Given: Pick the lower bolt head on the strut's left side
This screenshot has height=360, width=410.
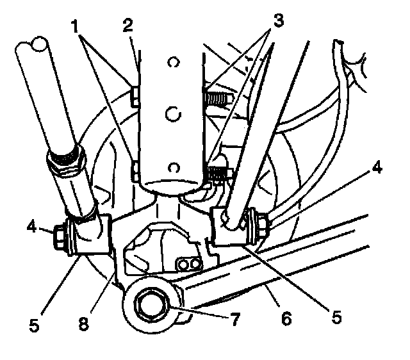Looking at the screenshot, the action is (x=135, y=171).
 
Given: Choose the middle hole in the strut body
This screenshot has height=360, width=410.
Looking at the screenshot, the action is (x=171, y=114).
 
